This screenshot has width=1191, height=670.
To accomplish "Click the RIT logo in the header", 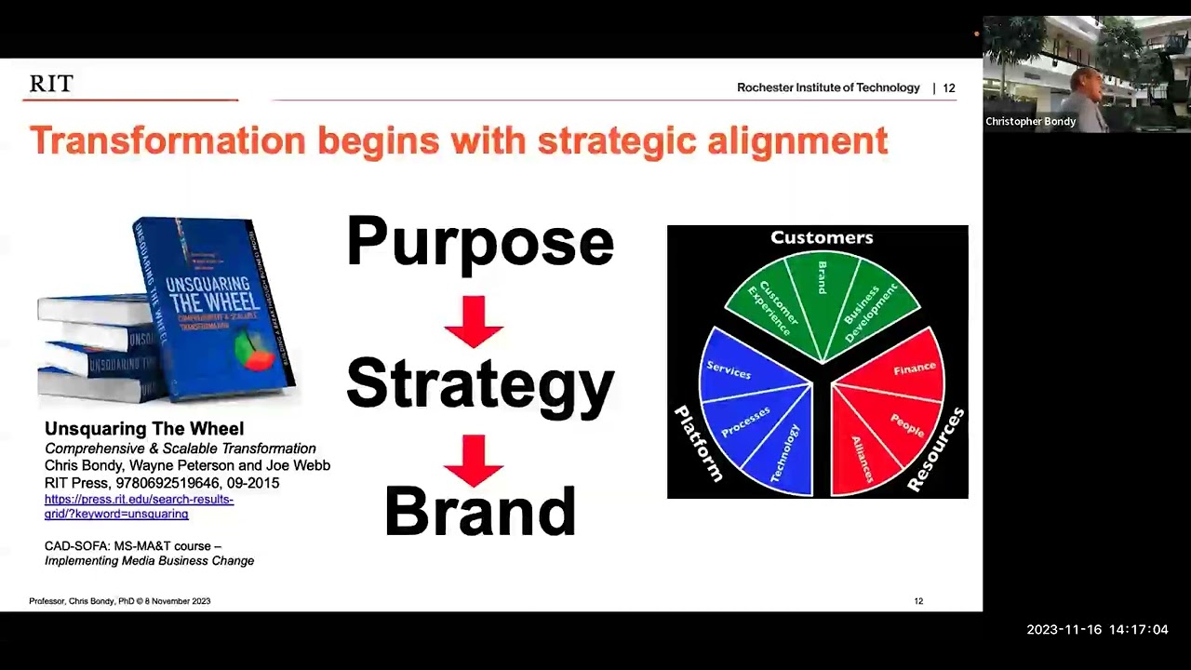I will tap(51, 84).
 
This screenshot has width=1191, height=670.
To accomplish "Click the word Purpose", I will tap(479, 242).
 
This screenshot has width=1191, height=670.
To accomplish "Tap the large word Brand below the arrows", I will tap(480, 511).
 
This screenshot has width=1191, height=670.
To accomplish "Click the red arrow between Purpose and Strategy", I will tap(474, 322).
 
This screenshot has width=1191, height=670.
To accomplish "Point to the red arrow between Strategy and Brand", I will tap(474, 461).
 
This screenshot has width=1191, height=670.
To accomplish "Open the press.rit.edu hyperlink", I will tap(139, 506).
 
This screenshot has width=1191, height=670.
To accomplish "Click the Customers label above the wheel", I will tap(822, 238).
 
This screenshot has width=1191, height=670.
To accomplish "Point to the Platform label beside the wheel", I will tap(698, 444).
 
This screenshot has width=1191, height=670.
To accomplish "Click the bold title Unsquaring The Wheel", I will tap(144, 429).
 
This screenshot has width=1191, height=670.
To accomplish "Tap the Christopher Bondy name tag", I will tap(1030, 122).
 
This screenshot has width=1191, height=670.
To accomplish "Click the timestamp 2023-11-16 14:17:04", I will tap(1097, 630).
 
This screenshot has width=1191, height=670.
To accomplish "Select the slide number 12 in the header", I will tap(949, 88).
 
